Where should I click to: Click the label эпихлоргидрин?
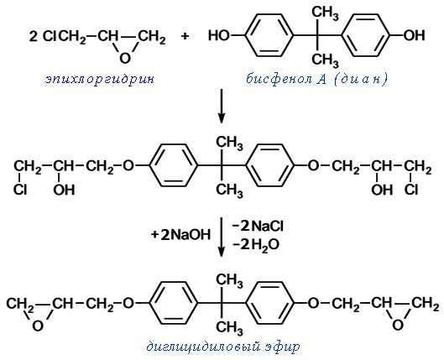tap(100, 79)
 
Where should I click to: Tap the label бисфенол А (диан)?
tap(316, 79)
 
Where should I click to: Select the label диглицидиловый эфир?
tap(223, 347)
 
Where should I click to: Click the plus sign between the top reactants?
tap(185, 36)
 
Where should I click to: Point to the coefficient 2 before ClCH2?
tap(33, 36)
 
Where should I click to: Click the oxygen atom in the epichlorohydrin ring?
tap(125, 58)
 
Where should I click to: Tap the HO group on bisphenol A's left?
tap(218, 36)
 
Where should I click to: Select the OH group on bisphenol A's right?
tap(414, 35)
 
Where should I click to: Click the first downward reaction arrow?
tap(222, 106)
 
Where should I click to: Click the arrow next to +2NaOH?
tap(222, 237)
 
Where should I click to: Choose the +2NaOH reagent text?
tap(181, 235)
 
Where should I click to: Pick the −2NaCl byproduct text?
tap(258, 226)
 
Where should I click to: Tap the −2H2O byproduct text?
tap(256, 245)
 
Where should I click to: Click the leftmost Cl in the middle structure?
tap(20, 190)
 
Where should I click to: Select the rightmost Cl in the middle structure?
tap(411, 190)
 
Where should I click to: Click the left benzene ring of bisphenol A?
tap(269, 35)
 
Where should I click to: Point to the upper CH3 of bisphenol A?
tap(325, 13)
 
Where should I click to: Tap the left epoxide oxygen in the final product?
tap(38, 326)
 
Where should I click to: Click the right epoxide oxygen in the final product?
tap(398, 326)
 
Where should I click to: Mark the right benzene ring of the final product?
tap(270, 303)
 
